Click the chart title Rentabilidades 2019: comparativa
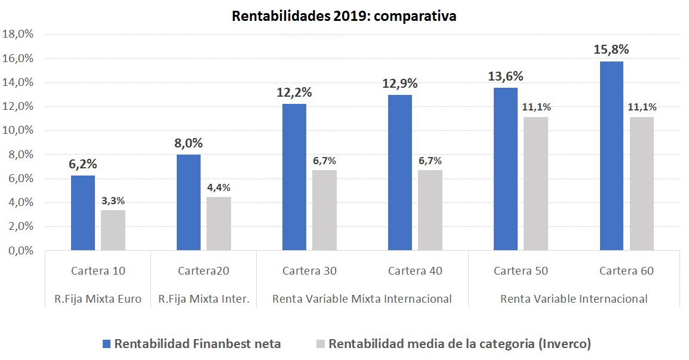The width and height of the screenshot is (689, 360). click(x=344, y=16)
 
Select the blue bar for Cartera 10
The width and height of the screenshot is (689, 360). click(x=83, y=213)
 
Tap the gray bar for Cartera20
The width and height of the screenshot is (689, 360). click(x=219, y=223)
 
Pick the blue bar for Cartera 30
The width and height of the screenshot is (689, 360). click(x=294, y=177)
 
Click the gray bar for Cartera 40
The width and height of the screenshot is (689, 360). click(x=430, y=210)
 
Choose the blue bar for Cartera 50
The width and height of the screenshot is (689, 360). click(x=506, y=168)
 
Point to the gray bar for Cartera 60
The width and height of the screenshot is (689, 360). click(x=642, y=183)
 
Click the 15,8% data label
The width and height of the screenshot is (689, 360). click(x=611, y=50)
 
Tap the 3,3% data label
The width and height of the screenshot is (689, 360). click(x=113, y=201)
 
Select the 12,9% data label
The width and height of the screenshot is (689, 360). click(x=400, y=84)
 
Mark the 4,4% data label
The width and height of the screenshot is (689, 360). click(x=219, y=187)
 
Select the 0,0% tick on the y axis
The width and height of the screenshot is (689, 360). click(x=20, y=251)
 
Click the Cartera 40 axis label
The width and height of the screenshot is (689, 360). click(x=415, y=271)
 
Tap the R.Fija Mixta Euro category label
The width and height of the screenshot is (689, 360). click(x=98, y=299)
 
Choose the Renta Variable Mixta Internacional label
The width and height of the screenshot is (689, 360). click(x=362, y=299)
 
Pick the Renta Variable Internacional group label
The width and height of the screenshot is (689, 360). click(x=574, y=299)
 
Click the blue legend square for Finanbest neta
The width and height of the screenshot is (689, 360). click(x=106, y=344)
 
